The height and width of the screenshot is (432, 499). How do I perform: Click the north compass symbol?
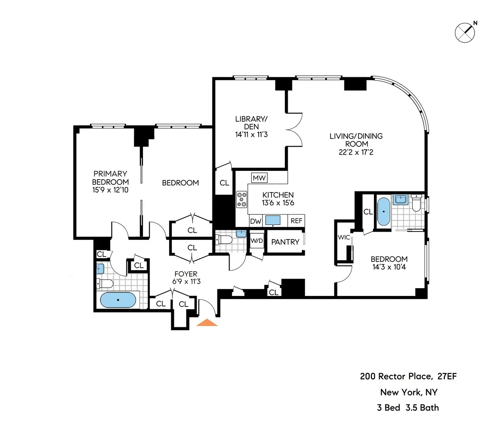point(465,32)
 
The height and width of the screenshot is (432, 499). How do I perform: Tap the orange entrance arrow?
point(207,323)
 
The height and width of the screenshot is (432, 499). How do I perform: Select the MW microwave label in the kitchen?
point(259,178)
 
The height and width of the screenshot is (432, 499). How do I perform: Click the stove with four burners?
point(242,199)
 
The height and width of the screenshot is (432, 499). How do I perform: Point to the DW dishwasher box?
point(255,221)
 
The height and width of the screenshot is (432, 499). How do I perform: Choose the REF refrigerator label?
point(296,221)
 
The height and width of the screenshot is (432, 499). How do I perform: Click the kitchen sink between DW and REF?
point(272,220)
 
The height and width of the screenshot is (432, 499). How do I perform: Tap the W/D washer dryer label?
point(256,241)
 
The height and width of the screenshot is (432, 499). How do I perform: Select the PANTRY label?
point(285,242)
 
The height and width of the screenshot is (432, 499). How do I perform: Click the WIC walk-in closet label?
point(344,237)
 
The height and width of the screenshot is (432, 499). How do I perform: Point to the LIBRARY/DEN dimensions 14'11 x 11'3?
point(251,134)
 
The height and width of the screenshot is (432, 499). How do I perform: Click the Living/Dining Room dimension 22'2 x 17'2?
point(356,152)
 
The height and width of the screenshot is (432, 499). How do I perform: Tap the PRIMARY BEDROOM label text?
point(110,178)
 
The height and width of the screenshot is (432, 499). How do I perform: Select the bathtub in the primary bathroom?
point(118,300)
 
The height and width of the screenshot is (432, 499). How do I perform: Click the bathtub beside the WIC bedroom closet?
point(383,212)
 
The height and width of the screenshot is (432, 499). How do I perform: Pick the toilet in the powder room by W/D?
point(224,240)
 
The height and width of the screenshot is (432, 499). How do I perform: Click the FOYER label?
point(186,274)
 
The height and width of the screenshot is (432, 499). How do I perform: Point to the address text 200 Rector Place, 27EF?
point(408,376)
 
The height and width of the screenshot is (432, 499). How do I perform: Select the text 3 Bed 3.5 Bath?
point(408,407)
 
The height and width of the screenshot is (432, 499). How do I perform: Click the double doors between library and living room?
point(294,129)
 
